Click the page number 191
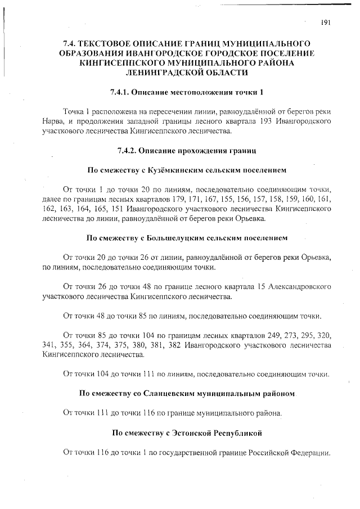(325, 22)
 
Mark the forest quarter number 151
(119, 209)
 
